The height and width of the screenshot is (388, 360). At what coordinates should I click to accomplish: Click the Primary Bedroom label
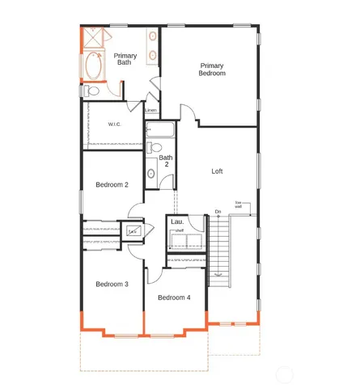coord(212,69)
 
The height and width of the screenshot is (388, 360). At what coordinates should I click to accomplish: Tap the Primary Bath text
coord(125,59)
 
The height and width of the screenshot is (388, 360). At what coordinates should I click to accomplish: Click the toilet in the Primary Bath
coord(92,91)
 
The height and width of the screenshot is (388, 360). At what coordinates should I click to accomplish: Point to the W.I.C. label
coord(115,124)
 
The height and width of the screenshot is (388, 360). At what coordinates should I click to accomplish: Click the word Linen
coord(151,110)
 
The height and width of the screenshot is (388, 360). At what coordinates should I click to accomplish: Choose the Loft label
coord(217,171)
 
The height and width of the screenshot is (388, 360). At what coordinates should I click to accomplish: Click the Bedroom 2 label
coord(112,185)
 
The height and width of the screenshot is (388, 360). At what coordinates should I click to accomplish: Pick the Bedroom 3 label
coord(112,284)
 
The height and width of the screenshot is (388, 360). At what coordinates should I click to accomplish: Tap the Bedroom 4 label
coord(174,297)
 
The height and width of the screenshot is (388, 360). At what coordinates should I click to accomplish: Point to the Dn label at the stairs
coord(218,213)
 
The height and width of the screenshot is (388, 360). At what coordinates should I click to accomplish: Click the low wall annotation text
coord(239,204)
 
